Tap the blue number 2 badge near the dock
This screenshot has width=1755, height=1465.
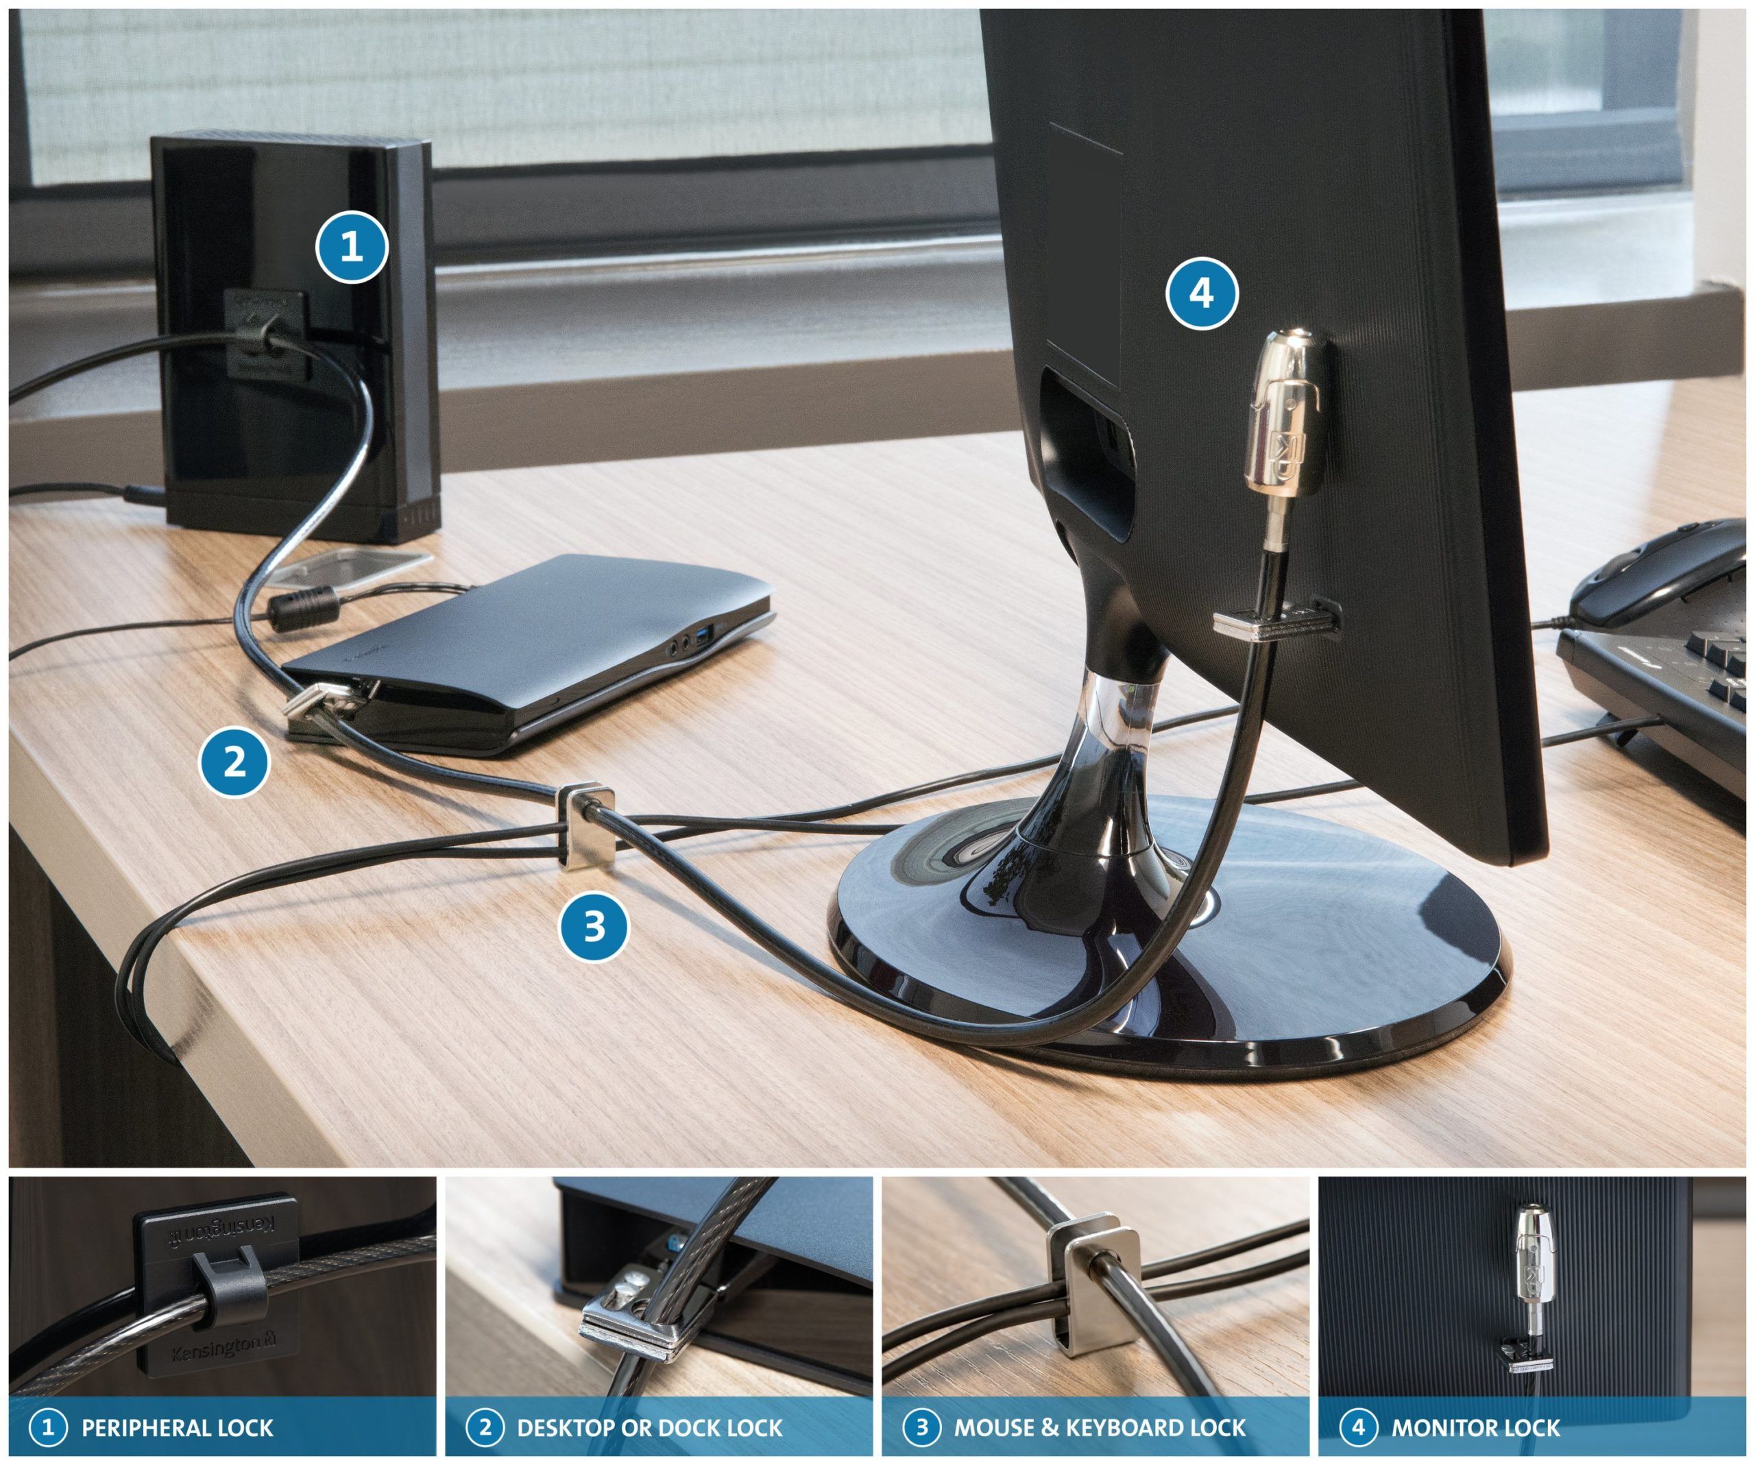click(235, 762)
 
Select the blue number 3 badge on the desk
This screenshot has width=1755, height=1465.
click(594, 925)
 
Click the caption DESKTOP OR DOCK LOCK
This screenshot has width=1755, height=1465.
click(649, 1427)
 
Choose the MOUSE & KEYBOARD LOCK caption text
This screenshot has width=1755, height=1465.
click(1100, 1427)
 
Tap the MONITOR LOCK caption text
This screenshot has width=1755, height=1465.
click(1475, 1427)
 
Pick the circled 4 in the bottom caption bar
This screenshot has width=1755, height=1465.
click(1357, 1427)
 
